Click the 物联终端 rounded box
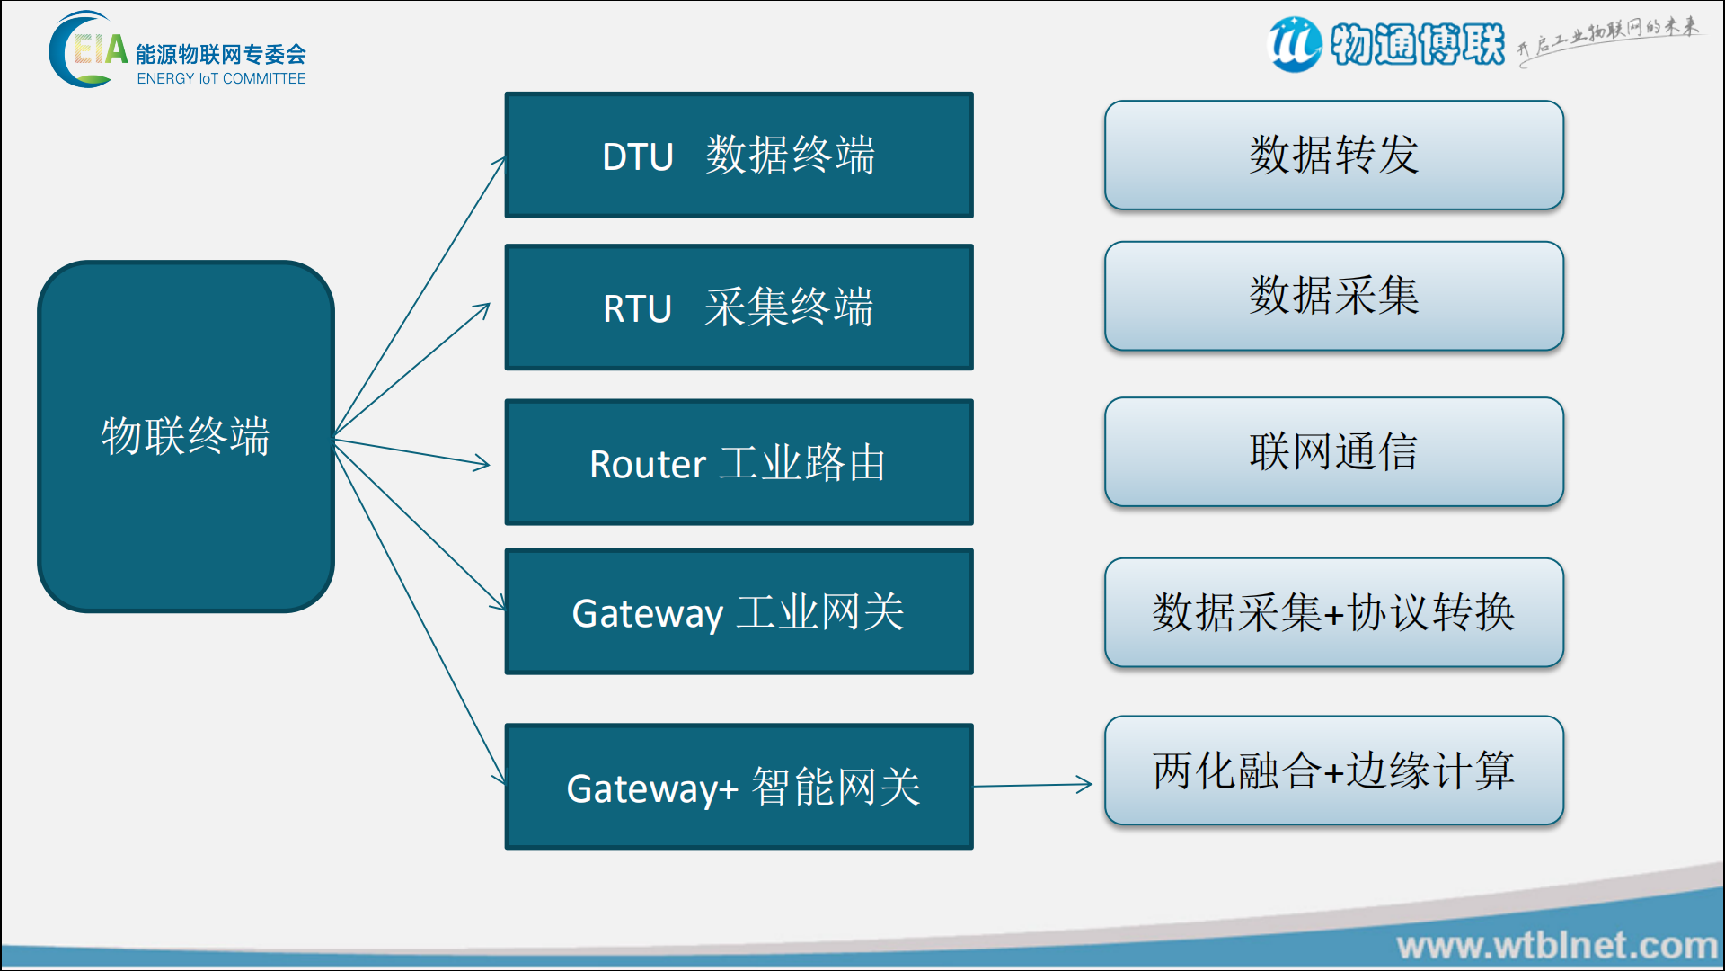186,437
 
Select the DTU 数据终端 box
739,155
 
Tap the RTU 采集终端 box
739,307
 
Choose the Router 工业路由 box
739,462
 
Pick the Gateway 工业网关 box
739,611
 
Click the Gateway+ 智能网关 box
739,787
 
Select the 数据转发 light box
1333,155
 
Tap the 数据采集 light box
1333,296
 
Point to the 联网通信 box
1333,451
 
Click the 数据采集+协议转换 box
1333,612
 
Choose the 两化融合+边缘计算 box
1333,771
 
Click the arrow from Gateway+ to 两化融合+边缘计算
1033,785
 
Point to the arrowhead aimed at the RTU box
483,308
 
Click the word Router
647,465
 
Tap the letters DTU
637,157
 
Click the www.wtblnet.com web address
1557,946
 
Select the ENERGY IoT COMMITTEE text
221,79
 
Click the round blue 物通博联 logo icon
1295,44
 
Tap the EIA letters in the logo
100,49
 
